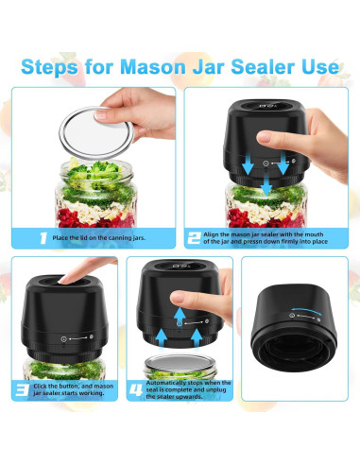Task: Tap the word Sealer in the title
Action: point(263,66)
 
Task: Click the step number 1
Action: point(43,238)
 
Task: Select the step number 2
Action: point(194,238)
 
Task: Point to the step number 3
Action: point(23,389)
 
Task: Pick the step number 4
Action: point(136,390)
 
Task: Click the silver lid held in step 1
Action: point(96,133)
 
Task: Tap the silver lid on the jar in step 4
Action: point(180,363)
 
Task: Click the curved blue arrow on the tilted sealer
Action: point(306,311)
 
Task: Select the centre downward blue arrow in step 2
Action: point(266,185)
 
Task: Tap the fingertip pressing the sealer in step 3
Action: point(65,279)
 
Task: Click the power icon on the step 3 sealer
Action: point(64,339)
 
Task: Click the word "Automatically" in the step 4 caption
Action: point(167,383)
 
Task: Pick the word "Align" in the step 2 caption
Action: point(211,234)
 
